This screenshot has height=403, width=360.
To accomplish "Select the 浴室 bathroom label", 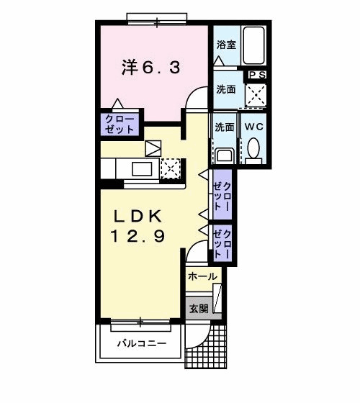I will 226,45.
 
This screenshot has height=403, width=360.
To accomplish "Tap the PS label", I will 257,74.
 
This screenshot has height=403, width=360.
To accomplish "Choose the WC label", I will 253,127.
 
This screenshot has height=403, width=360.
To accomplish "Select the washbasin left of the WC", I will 224,154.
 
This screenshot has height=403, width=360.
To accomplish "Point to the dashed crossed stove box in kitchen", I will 170,168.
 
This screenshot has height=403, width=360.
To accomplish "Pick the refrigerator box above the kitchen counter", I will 154,148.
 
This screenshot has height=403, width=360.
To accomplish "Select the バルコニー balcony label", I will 142,343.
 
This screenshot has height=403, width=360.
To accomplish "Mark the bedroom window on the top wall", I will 156,18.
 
